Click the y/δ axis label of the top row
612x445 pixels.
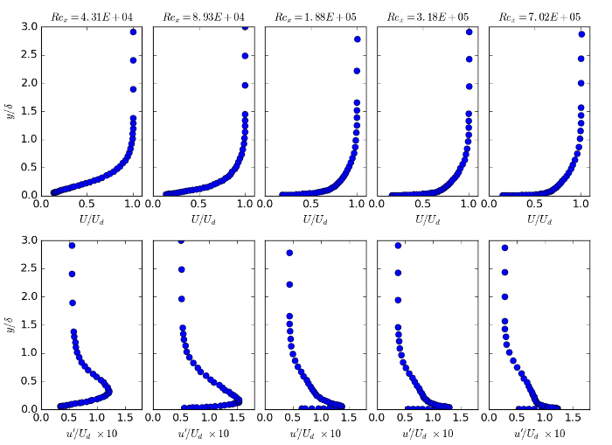[x=10, y=111]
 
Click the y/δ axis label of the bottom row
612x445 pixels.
[x=10, y=324]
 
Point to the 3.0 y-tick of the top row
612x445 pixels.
[x=29, y=27]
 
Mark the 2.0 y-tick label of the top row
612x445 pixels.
[x=29, y=83]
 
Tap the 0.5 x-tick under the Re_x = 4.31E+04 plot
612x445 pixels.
[x=87, y=205]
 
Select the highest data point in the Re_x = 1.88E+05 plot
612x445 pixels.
[x=358, y=39]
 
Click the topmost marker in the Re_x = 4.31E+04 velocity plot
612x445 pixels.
[x=133, y=32]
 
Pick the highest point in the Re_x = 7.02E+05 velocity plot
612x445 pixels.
[x=581, y=34]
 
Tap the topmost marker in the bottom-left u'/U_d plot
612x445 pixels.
[x=72, y=246]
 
